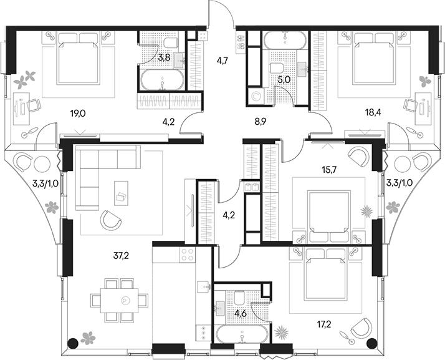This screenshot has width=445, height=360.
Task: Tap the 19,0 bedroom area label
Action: [x=78, y=114]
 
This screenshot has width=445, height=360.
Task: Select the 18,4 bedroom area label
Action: [x=373, y=112]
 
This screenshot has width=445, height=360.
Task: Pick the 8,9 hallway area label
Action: [x=259, y=122]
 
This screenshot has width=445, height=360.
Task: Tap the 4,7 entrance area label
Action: [x=222, y=61]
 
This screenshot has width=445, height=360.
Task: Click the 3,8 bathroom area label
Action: [x=164, y=58]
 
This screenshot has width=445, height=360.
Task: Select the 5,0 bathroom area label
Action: [x=284, y=80]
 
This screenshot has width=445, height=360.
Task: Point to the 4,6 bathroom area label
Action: [x=240, y=314]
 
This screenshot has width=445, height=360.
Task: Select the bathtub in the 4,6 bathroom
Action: [x=242, y=334]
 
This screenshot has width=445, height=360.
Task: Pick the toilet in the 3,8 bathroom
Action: [x=171, y=42]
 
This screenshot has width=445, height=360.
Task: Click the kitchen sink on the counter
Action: [x=203, y=286]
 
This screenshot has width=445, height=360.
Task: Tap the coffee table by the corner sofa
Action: [x=121, y=193]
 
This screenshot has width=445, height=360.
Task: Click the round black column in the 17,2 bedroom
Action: [x=371, y=344]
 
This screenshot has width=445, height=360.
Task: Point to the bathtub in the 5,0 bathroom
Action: [x=285, y=40]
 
